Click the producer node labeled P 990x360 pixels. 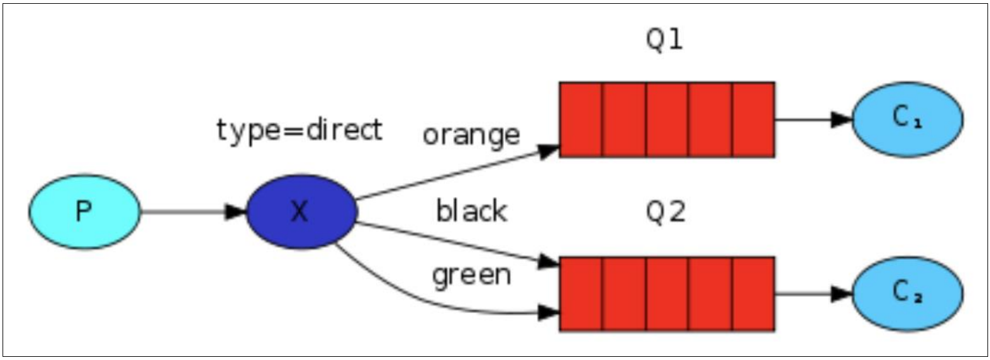[x=84, y=212]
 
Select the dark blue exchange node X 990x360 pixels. [x=301, y=212]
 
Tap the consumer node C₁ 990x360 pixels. [x=907, y=119]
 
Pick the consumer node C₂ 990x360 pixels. [x=907, y=293]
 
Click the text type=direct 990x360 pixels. [x=299, y=130]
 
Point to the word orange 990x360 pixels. [x=471, y=134]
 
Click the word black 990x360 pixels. [x=471, y=211]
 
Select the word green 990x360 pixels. [x=471, y=275]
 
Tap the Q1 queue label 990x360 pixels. [x=665, y=41]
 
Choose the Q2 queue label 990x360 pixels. [x=665, y=213]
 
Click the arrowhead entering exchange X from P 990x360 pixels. [x=236, y=212]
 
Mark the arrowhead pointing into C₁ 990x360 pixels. [x=842, y=119]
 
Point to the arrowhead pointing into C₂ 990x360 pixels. [x=842, y=293]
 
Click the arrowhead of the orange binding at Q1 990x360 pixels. [x=549, y=150]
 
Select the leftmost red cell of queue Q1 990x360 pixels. [x=581, y=119]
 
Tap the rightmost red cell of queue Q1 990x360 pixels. [x=753, y=119]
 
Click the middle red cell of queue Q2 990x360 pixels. [x=667, y=293]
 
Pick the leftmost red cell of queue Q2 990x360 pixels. [x=581, y=293]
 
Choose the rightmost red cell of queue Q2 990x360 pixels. [x=753, y=293]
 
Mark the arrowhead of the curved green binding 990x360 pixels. [x=549, y=312]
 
